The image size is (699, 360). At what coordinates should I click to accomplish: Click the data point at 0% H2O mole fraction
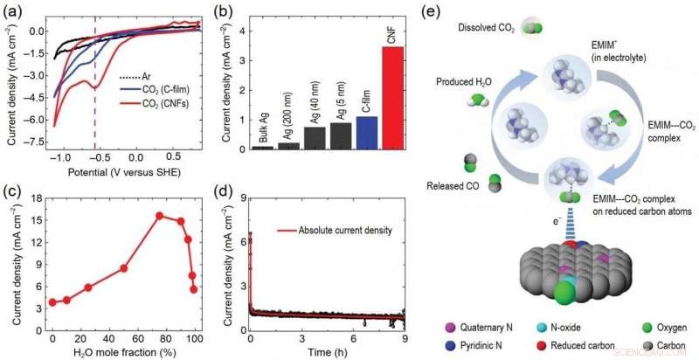52,302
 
